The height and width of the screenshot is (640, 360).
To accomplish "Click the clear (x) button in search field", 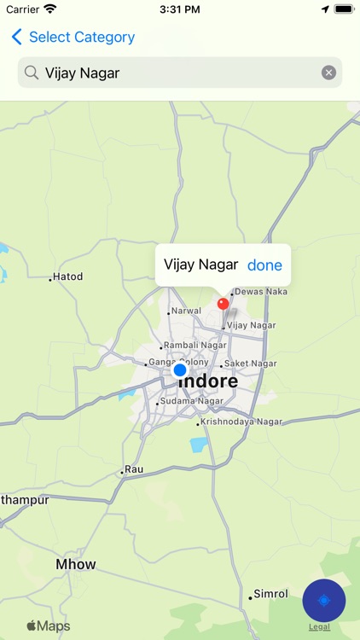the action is pyautogui.click(x=328, y=73).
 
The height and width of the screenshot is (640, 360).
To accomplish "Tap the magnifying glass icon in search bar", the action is pyautogui.click(x=32, y=73).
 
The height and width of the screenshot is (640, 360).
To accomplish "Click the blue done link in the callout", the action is pyautogui.click(x=264, y=265).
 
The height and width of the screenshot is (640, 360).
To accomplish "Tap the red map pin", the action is pyautogui.click(x=224, y=304).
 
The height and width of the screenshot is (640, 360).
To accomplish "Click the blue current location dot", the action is pyautogui.click(x=179, y=370).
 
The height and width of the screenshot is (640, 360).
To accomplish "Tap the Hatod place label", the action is pyautogui.click(x=68, y=277).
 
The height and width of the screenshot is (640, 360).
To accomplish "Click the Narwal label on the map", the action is pyautogui.click(x=186, y=311).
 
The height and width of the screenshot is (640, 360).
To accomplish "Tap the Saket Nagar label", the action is pyautogui.click(x=250, y=364).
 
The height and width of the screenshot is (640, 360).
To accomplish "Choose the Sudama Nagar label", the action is pyautogui.click(x=192, y=401).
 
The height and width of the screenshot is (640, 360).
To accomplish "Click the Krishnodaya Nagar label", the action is pyautogui.click(x=241, y=422).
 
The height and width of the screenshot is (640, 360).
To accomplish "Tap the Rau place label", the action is pyautogui.click(x=134, y=469).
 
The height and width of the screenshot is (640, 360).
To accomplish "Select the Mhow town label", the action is pyautogui.click(x=76, y=564).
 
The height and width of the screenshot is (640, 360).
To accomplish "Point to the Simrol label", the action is pyautogui.click(x=270, y=594).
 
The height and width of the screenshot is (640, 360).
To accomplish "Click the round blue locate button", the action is pyautogui.click(x=323, y=601).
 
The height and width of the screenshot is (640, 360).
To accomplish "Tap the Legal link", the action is pyautogui.click(x=320, y=627).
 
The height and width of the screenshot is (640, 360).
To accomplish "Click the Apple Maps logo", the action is pyautogui.click(x=48, y=626).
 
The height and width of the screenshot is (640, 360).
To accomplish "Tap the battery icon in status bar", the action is pyautogui.click(x=344, y=9).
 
